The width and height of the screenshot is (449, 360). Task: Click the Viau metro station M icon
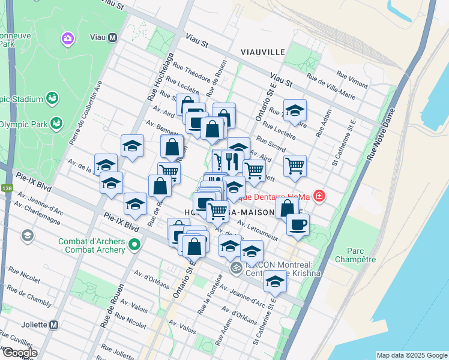click(112, 38)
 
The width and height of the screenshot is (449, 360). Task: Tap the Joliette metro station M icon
click(54, 325)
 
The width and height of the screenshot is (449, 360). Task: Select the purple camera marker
click(67, 39)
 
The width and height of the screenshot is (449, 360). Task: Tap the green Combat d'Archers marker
click(135, 245)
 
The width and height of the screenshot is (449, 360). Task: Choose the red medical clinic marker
click(319, 196)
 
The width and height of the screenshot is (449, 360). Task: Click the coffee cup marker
click(297, 225)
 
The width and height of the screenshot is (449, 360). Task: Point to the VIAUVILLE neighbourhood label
click(263, 52)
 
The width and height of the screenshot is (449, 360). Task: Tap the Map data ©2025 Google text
click(411, 355)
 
